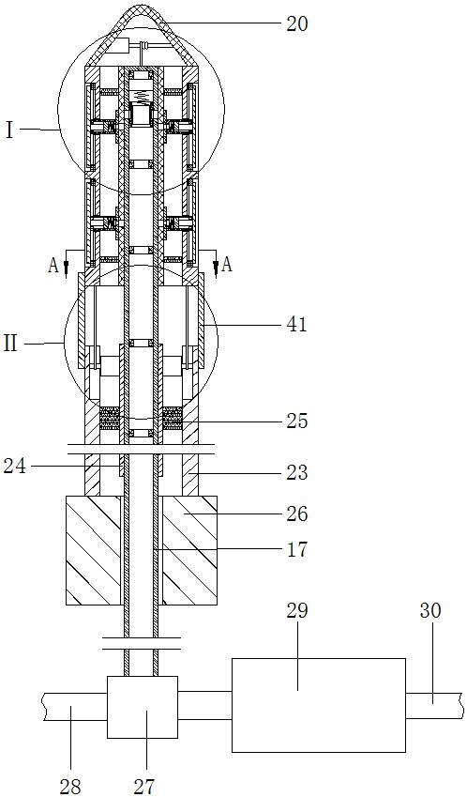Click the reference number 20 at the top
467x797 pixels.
297,23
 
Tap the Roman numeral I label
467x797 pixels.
9,130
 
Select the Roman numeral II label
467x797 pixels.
10,345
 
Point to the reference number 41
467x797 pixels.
297,324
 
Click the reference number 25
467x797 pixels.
297,421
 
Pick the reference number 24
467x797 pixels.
14,467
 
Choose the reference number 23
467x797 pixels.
297,473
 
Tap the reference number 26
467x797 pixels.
297,513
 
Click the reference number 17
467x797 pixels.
297,549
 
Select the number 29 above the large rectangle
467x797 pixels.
297,610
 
